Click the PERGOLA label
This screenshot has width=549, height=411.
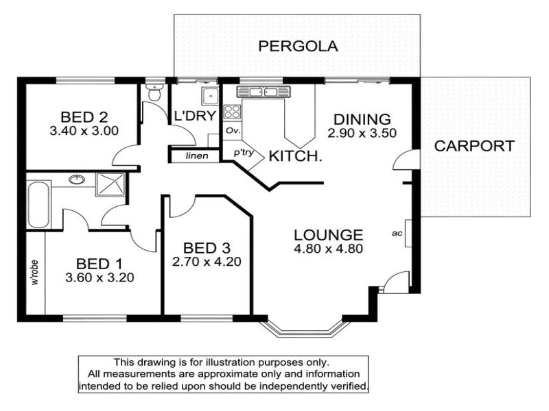coord(298,46)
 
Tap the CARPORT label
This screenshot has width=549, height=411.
coord(474,146)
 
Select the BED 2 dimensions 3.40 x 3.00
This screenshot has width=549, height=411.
coord(84,131)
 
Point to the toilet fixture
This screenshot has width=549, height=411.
coord(154,92)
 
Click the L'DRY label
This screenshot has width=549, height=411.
coord(195,115)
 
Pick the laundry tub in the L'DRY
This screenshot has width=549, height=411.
coord(210,95)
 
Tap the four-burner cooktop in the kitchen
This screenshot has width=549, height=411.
coord(232,112)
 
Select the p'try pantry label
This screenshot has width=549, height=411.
coord(244,153)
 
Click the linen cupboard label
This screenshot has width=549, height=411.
coord(197,156)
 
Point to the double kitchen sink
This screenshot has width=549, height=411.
coord(264,92)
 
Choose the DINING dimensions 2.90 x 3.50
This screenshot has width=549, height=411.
coord(362,133)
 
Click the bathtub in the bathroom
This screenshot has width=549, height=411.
coord(38,205)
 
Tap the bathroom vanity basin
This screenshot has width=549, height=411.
coord(77,179)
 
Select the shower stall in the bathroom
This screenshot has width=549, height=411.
coord(110,184)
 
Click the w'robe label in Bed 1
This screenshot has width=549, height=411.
coord(35,273)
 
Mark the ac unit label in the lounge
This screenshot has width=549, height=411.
coord(397,233)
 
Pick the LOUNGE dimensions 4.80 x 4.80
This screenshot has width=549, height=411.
coord(329,249)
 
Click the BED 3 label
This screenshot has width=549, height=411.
coord(207,248)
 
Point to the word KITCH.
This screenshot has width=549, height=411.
coord(295,156)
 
